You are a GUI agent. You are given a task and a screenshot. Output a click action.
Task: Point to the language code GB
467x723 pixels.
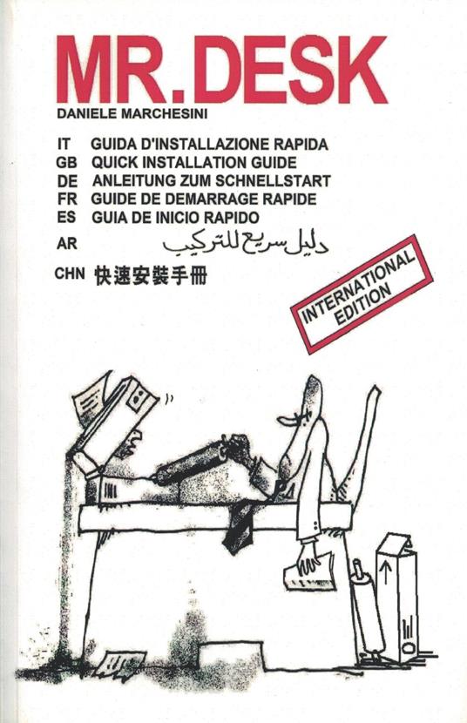65,163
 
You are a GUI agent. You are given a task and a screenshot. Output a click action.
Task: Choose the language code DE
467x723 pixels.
65,181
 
